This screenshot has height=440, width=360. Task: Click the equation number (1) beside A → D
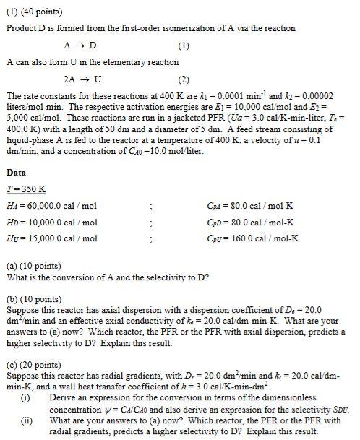183,46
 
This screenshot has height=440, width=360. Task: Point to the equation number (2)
183,79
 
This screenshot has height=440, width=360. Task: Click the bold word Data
16,173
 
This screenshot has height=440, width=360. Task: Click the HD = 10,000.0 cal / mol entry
51,222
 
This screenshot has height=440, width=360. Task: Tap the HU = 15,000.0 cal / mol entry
51,238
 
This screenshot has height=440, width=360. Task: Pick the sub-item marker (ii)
26,420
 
